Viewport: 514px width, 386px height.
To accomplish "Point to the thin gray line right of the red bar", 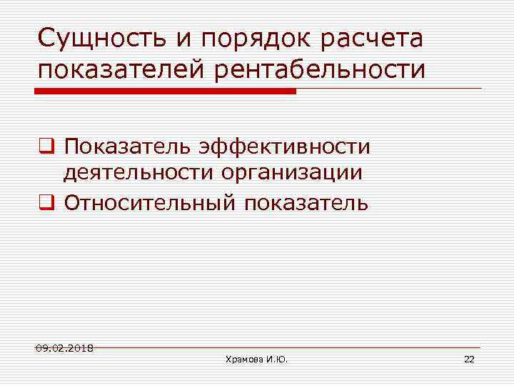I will (389, 89).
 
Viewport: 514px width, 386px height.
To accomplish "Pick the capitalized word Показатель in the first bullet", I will (126, 147).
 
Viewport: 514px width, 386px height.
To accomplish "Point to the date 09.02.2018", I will (65, 348).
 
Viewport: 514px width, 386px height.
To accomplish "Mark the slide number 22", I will (469, 359).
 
